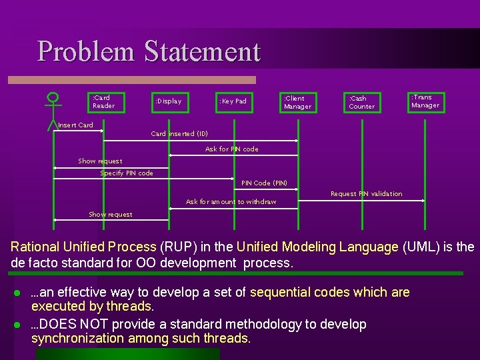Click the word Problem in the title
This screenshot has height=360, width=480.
click(87, 51)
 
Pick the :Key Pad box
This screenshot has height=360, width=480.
click(233, 101)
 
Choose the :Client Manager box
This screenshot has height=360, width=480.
click(297, 102)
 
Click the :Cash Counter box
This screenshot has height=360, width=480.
click(362, 102)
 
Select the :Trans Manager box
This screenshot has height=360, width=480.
click(426, 101)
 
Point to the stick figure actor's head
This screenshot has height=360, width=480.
click(52, 97)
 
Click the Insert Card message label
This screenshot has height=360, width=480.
click(75, 125)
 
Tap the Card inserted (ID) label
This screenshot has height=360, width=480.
click(179, 133)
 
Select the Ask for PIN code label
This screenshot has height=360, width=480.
click(231, 149)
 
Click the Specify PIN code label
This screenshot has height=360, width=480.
click(127, 173)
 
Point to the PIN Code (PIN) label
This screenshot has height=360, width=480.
click(264, 183)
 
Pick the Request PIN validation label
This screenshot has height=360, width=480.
click(366, 194)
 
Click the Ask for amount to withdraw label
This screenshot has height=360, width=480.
click(231, 201)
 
